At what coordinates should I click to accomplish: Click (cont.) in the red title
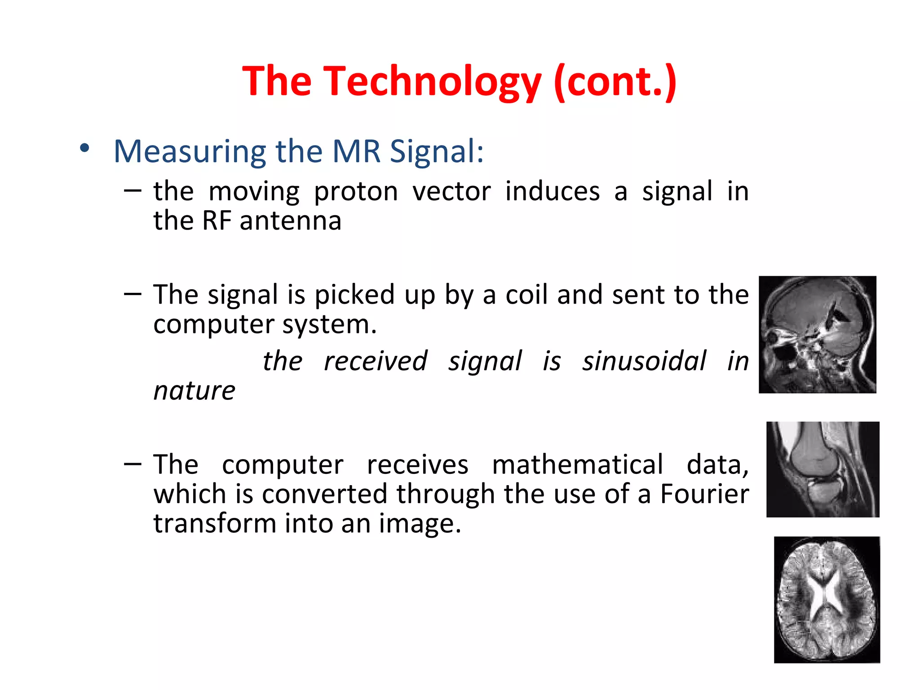pyautogui.click(x=615, y=82)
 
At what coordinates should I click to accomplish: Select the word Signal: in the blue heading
pyautogui.click(x=436, y=152)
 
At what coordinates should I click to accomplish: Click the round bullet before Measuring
pyautogui.click(x=84, y=148)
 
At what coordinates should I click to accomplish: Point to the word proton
pyautogui.click(x=356, y=192)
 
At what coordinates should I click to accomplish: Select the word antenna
pyautogui.click(x=291, y=221)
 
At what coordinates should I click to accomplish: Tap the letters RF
pyautogui.click(x=217, y=221)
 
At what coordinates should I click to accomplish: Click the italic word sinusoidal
pyautogui.click(x=644, y=361)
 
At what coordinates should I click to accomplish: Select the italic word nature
pyautogui.click(x=194, y=391)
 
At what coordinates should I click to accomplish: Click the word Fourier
pyautogui.click(x=704, y=494)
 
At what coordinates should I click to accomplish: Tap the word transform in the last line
pyautogui.click(x=214, y=524)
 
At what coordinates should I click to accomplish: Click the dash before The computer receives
pyautogui.click(x=133, y=463)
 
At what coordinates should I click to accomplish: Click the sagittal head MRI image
pyautogui.click(x=817, y=335)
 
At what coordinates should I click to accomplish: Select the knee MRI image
pyautogui.click(x=823, y=469)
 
